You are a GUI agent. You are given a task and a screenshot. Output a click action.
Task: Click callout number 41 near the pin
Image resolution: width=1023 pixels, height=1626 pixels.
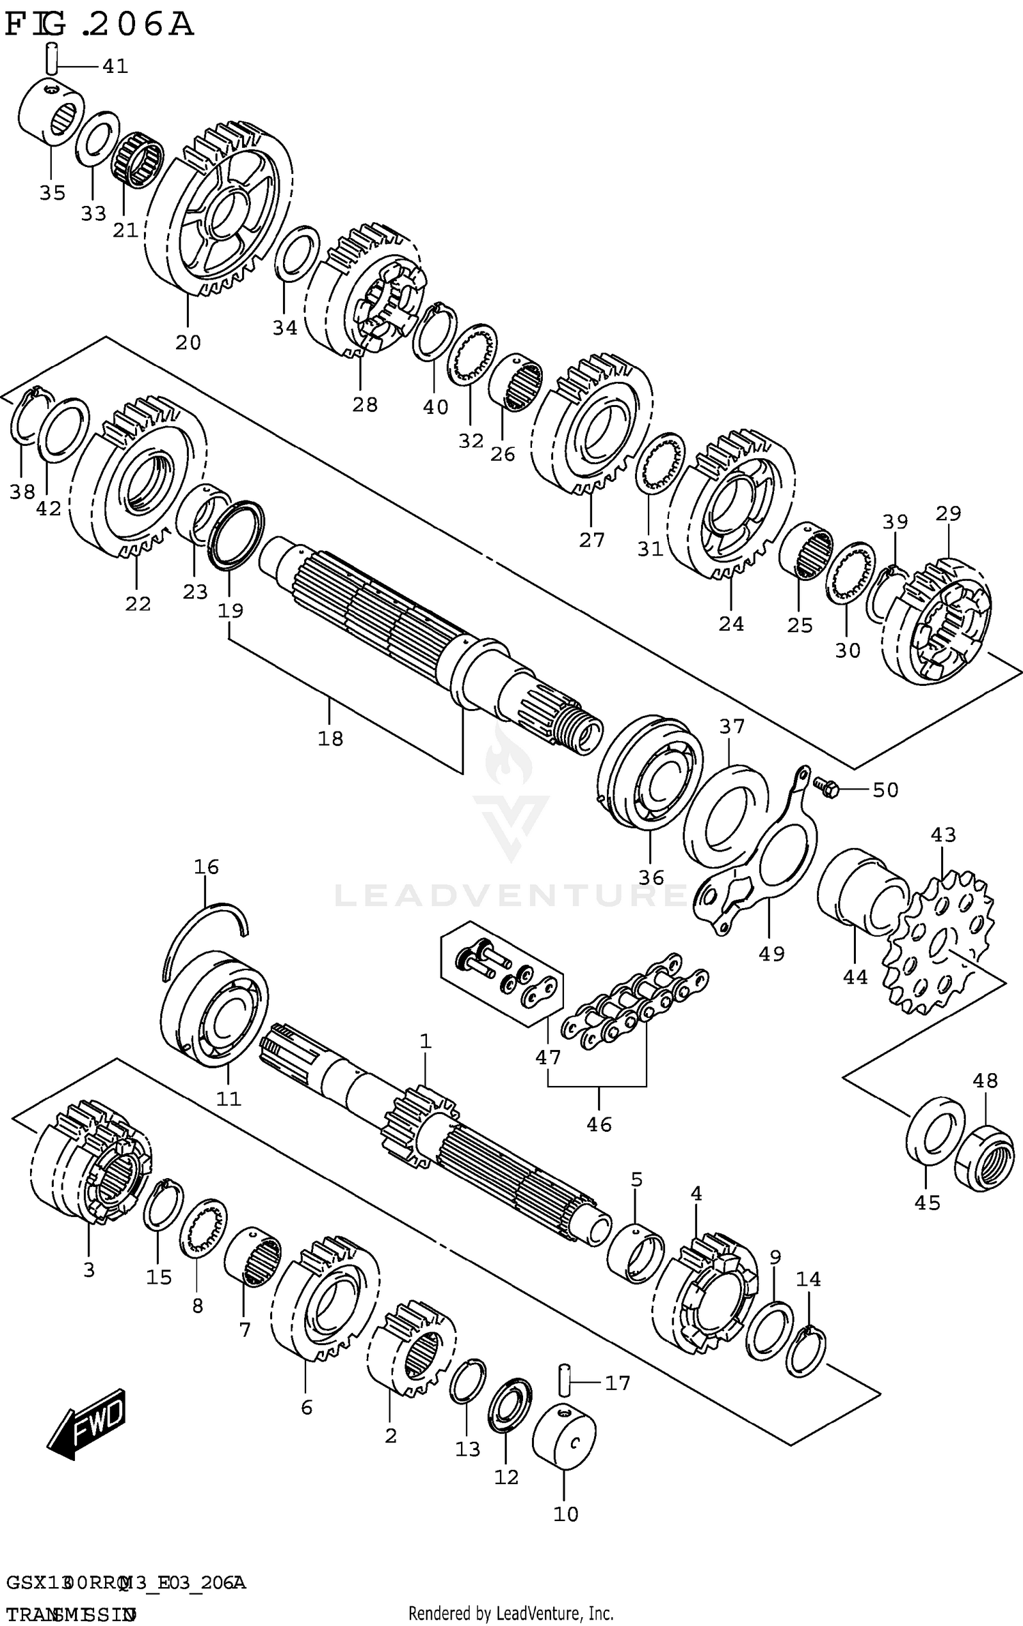tap(115, 66)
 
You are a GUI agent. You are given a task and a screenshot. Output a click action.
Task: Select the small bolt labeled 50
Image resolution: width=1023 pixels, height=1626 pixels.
tap(825, 788)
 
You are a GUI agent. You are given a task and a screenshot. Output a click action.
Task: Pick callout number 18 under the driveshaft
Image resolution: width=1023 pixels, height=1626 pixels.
tap(331, 738)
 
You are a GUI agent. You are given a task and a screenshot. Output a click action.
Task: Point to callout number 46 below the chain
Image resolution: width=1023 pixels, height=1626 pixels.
tap(599, 1124)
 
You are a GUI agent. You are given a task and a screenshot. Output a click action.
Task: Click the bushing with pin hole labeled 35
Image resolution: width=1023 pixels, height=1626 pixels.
tap(49, 112)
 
